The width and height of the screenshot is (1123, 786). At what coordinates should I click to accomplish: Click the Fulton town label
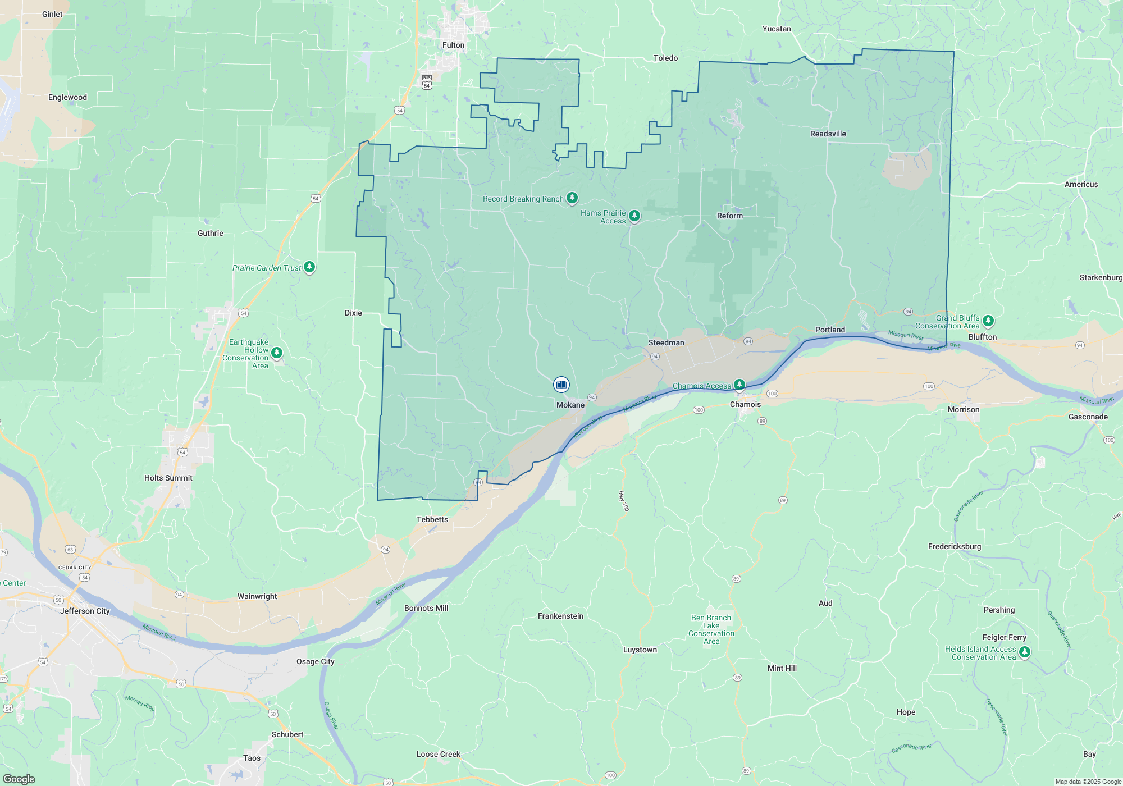tap(453, 45)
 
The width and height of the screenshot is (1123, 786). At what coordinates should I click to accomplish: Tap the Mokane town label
tap(570, 405)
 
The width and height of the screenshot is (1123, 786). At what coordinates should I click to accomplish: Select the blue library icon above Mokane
tap(561, 385)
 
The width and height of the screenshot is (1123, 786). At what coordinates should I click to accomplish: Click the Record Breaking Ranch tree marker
tap(572, 198)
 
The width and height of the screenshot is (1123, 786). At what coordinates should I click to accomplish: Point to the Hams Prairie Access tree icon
tap(634, 216)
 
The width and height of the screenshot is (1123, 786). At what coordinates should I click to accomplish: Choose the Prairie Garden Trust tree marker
tap(309, 267)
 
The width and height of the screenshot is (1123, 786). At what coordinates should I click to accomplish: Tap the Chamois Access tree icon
tap(739, 385)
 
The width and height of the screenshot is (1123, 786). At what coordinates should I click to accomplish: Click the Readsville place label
tap(828, 134)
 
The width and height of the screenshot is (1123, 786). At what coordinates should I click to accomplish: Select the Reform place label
tap(729, 216)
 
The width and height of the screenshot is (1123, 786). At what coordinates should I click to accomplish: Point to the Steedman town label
tap(666, 342)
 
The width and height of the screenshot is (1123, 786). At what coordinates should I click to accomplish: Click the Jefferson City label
tap(85, 611)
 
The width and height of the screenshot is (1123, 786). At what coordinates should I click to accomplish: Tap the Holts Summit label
tap(168, 478)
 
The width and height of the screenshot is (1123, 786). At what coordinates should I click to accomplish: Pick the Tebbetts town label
tap(432, 519)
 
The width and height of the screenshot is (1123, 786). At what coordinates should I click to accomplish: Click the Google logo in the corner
tap(19, 779)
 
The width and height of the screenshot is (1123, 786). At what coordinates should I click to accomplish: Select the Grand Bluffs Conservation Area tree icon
tap(988, 321)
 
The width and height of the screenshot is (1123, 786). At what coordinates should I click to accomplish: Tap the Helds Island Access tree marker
tap(1024, 652)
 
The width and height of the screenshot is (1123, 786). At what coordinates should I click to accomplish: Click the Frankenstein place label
tap(560, 616)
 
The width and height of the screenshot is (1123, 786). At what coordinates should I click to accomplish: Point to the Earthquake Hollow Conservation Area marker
tap(276, 353)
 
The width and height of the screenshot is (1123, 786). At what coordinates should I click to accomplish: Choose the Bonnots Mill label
tap(426, 608)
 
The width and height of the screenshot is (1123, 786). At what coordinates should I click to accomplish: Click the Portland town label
tap(830, 330)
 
